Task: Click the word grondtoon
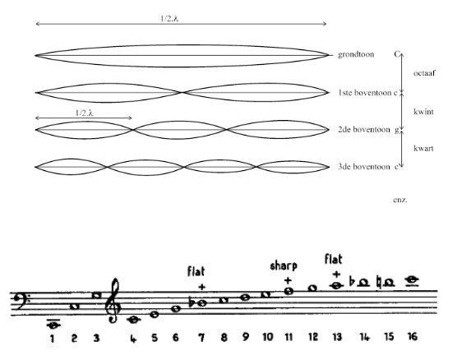(356, 55)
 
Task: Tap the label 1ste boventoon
(364, 93)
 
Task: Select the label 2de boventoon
(364, 130)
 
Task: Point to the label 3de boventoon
(364, 167)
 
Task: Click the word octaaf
(424, 73)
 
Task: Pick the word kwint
(423, 112)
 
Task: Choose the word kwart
(423, 148)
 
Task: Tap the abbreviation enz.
(400, 201)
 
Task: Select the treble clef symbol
(113, 301)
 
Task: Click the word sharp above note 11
(284, 266)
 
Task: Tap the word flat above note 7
(196, 271)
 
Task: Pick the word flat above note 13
(333, 259)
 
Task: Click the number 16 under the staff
(413, 336)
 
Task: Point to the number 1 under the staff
(52, 339)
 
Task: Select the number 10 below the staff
(267, 337)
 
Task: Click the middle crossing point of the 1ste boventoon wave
(182, 93)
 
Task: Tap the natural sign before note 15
(379, 283)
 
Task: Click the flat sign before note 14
(352, 281)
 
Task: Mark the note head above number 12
(313, 288)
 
